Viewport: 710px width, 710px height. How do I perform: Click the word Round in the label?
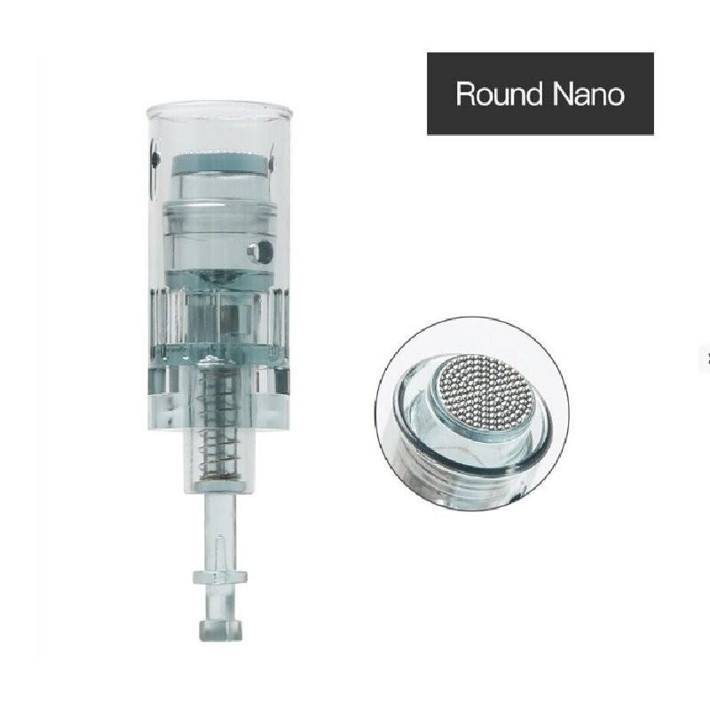click(x=499, y=94)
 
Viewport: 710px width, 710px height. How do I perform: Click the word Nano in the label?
click(x=588, y=94)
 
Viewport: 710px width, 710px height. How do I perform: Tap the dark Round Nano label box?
click(x=540, y=93)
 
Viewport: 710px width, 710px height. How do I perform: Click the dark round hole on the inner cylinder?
click(x=262, y=252)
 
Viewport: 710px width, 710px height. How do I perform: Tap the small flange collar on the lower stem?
click(x=220, y=578)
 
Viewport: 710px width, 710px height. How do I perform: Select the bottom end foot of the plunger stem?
click(x=220, y=630)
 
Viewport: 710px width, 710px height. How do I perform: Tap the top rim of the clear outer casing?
click(x=220, y=108)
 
